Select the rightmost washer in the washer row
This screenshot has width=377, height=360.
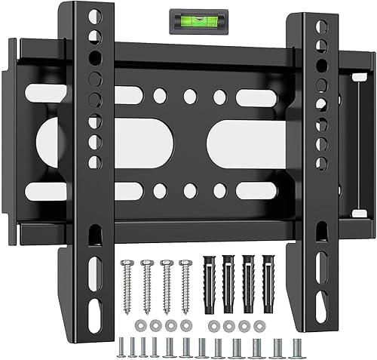click(259, 326)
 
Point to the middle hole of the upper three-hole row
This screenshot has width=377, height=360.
click(189, 97)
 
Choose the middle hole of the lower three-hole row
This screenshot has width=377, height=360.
click(189, 189)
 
